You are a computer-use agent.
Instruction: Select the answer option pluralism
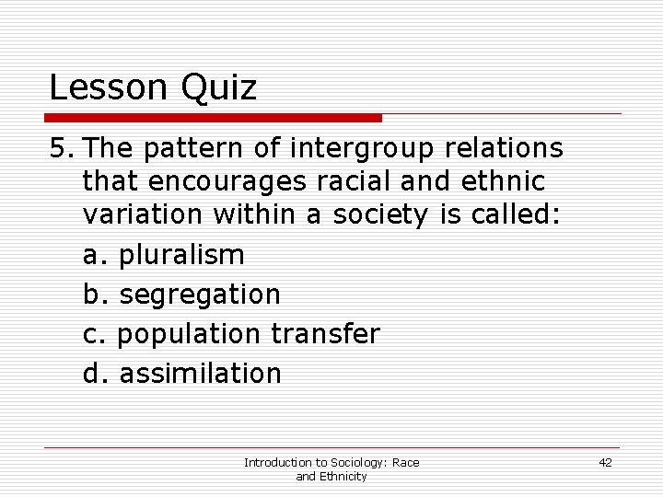coord(182,255)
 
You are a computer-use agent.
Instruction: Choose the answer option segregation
coord(200,295)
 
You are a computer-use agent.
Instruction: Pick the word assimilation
coord(201,374)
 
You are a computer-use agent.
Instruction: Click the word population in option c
coord(192,334)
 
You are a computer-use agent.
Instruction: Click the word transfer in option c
coord(325,334)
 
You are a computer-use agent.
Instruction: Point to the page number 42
coord(605,462)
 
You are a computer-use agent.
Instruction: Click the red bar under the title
coord(215,118)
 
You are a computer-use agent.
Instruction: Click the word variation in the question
coord(144,215)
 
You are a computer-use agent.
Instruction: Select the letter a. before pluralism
coord(96,255)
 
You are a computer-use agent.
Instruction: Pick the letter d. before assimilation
coord(96,374)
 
